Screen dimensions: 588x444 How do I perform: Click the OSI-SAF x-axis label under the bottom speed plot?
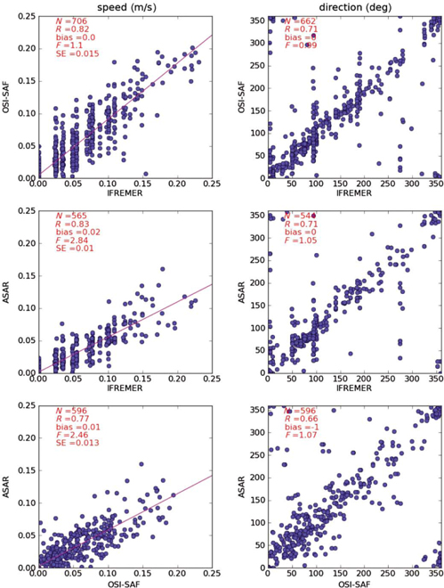tap(125, 580)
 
